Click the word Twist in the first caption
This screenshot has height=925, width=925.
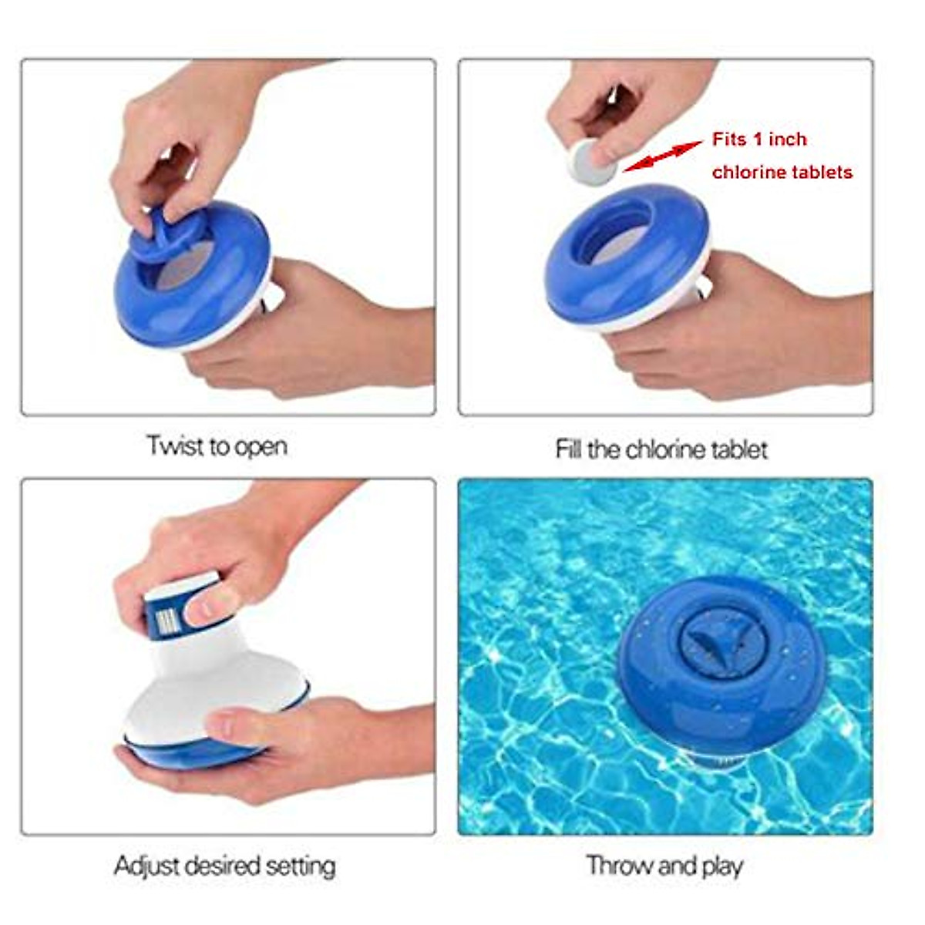click(174, 446)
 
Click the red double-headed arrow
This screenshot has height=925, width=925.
click(662, 157)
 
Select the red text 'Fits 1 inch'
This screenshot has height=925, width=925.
click(758, 140)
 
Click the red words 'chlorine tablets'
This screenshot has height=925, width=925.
click(782, 172)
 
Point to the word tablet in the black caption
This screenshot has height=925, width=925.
click(740, 449)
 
